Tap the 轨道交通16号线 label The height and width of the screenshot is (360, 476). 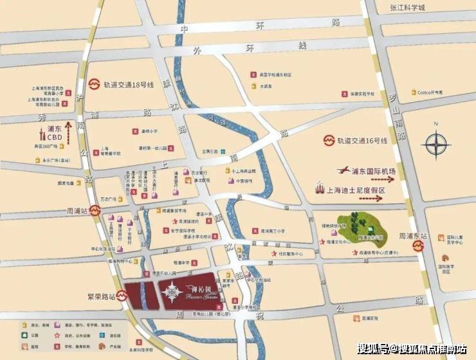tap(363, 140)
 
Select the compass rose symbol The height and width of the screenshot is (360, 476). tap(435, 141)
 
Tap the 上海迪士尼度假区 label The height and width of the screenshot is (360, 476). tap(356, 191)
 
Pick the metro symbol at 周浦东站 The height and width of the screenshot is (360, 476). tap(418, 245)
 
